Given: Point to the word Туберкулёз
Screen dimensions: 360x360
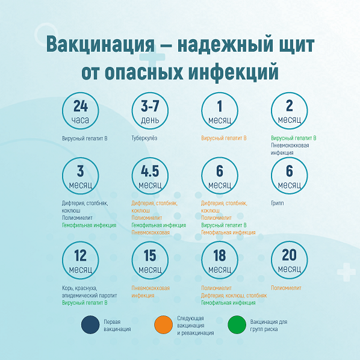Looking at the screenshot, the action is (x=144, y=138).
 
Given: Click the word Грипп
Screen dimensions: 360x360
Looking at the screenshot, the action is (x=278, y=203).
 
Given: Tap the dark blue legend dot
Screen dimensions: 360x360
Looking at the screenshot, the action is (x=90, y=324).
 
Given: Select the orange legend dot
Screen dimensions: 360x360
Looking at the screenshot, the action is (x=163, y=324).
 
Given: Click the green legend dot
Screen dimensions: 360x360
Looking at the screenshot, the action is (x=237, y=324).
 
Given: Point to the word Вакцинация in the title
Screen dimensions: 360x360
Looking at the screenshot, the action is (x=101, y=45).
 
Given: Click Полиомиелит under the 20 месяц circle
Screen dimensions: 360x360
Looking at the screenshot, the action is (x=286, y=288).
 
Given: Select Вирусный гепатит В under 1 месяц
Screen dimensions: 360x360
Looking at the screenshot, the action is (x=224, y=138).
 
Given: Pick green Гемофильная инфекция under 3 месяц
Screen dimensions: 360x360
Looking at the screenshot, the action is (x=89, y=225).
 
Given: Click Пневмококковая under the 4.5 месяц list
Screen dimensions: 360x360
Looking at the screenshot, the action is (x=151, y=232).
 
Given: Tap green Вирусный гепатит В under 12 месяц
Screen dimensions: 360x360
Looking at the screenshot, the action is (x=85, y=303).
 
